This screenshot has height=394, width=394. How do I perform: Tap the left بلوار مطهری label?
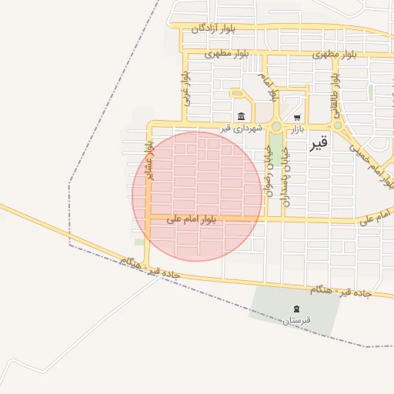point(228,54)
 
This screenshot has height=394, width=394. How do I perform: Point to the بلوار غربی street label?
point(185,90)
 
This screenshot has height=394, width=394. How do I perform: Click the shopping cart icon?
point(297,118)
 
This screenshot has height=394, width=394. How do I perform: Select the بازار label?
point(298,129)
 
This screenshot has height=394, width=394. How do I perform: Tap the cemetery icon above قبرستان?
point(295,309)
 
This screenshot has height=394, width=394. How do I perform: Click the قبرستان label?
point(295,319)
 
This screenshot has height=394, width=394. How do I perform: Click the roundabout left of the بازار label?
point(276,126)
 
